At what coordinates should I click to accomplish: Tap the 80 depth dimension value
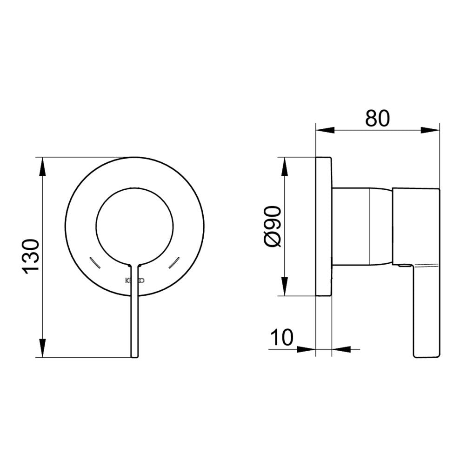pyautogui.click(x=377, y=118)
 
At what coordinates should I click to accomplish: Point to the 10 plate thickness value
pyautogui.click(x=282, y=337)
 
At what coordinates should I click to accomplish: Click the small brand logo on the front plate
pyautogui.click(x=135, y=280)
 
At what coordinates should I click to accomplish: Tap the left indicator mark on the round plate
pyautogui.click(x=94, y=263)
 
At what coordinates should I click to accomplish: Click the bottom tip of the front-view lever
pyautogui.click(x=134, y=356)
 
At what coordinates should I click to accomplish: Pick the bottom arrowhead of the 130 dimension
pyautogui.click(x=42, y=348)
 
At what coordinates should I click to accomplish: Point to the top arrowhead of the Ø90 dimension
pyautogui.click(x=284, y=166)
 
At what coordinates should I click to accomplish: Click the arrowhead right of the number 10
pyautogui.click(x=307, y=348)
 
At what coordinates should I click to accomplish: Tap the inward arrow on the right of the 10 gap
pyautogui.click(x=340, y=348)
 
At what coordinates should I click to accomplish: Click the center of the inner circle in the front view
pyautogui.click(x=134, y=226)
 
